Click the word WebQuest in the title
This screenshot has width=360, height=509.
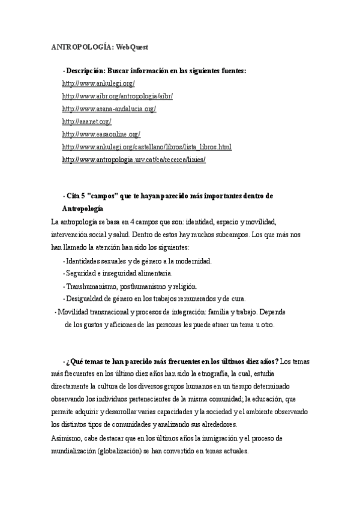(x=132, y=46)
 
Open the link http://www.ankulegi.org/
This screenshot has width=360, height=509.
(x=98, y=83)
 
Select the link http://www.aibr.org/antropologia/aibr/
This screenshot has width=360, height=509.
(x=117, y=96)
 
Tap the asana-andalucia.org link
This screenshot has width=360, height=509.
(x=109, y=109)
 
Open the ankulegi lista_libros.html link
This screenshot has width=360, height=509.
(x=146, y=147)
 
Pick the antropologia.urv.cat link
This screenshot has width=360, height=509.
(x=134, y=160)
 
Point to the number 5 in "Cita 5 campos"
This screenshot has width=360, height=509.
(x=83, y=196)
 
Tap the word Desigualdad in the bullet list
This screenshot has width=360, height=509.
(x=86, y=299)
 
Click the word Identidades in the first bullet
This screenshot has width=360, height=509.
(x=86, y=261)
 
